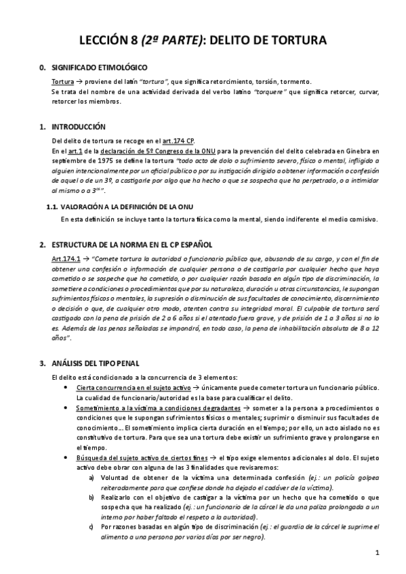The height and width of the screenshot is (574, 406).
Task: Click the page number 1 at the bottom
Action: click(x=377, y=553)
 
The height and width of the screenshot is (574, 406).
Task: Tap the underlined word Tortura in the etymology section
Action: click(x=63, y=81)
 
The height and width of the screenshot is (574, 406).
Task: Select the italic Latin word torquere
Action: click(x=270, y=91)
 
